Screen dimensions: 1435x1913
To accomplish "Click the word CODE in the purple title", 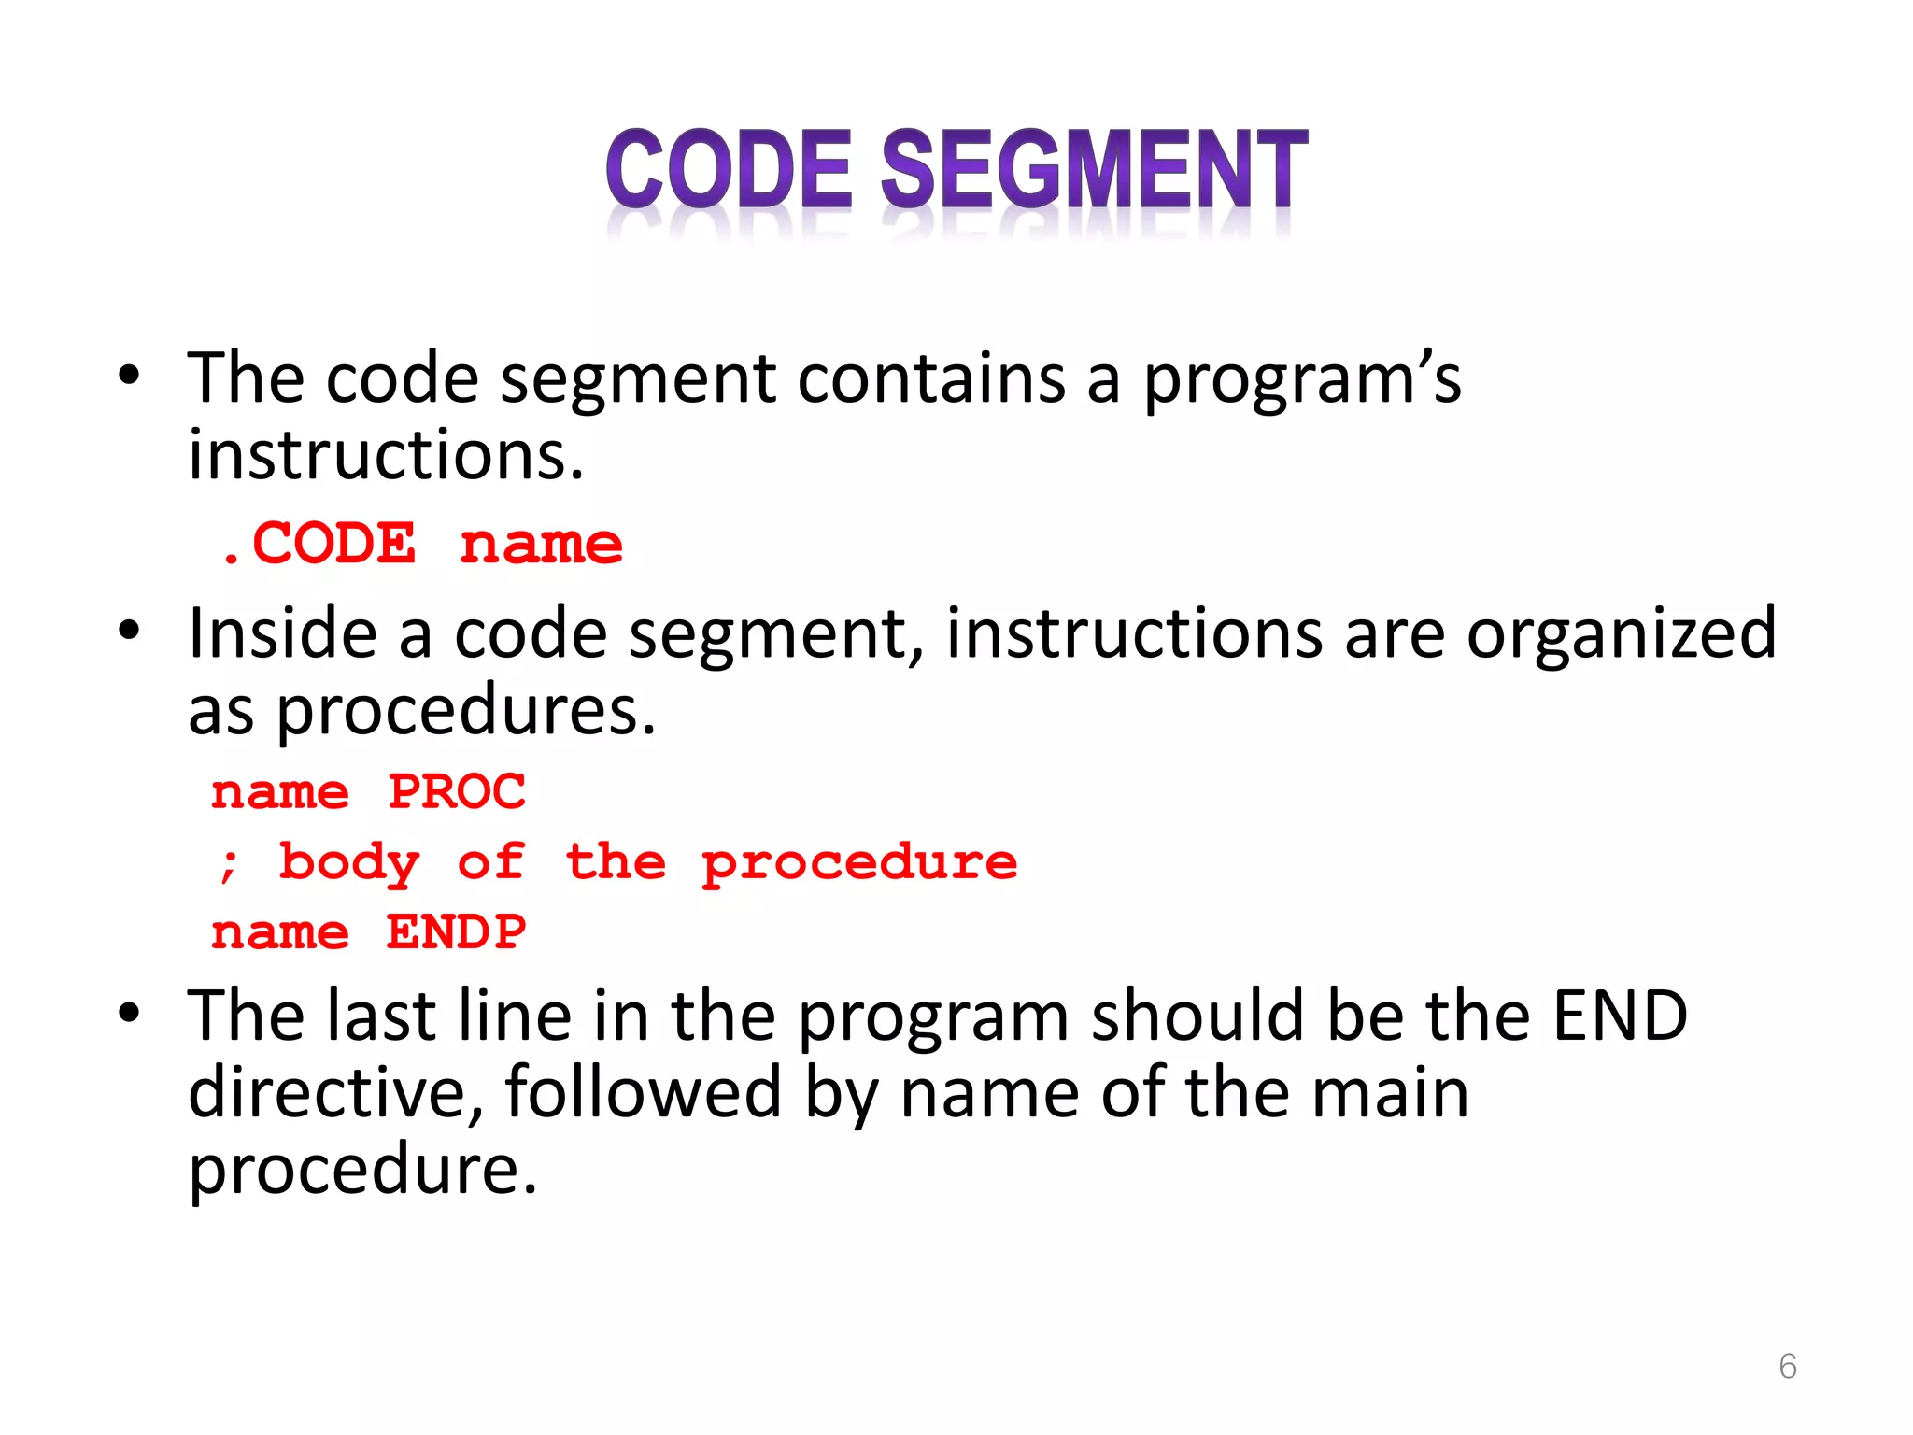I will pos(729,169).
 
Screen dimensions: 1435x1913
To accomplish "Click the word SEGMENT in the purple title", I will pos(1094,169).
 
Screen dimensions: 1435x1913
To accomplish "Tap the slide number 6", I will pos(1787,1366).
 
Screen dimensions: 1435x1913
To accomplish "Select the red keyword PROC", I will pos(457,792).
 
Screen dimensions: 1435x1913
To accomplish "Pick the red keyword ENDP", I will pos(457,932).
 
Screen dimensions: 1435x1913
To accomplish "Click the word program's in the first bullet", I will pos(1302,381).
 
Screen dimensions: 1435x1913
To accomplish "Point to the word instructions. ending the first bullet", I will pos(386,456).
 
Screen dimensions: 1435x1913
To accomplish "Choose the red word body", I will pos(349,863).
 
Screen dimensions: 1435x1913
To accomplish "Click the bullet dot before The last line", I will pos(129,1013).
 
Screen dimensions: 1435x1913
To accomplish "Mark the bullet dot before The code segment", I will pos(129,376).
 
